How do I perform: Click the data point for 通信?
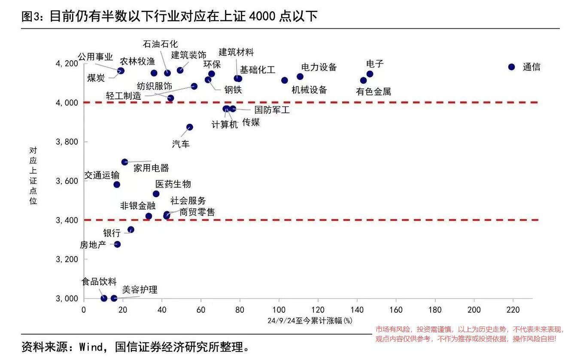(511, 67)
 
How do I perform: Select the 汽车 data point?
(190, 127)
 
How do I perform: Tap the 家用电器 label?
(151, 168)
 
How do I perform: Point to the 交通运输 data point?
(117, 185)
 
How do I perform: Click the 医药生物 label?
(173, 184)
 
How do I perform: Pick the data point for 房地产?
(117, 244)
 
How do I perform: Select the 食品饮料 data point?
(104, 298)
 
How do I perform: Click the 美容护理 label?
(140, 290)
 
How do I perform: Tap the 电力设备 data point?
(300, 77)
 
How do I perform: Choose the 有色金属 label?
(374, 92)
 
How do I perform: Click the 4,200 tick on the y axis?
(67, 64)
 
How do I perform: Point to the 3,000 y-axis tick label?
(67, 299)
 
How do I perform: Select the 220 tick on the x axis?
(513, 310)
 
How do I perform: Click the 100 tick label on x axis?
(279, 310)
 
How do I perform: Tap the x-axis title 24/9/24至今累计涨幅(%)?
(310, 321)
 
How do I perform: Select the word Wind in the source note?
(89, 347)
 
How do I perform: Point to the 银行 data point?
(131, 230)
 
